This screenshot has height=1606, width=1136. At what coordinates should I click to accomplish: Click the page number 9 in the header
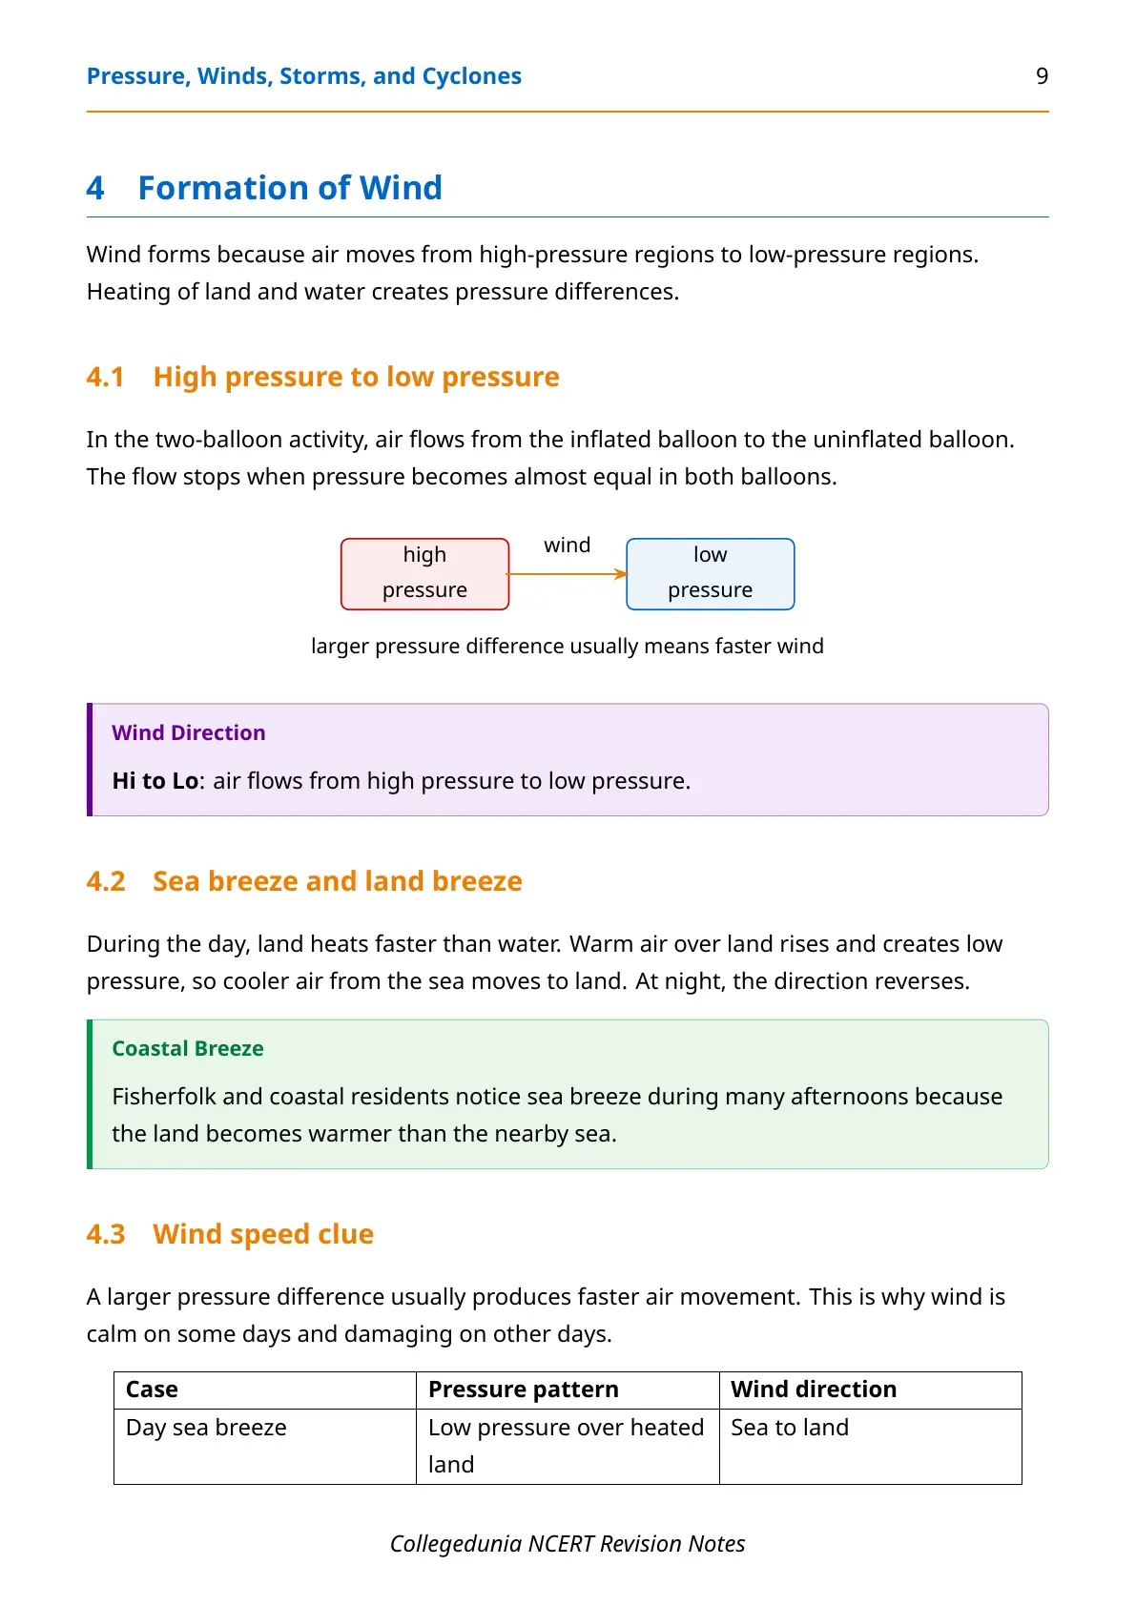tap(1042, 75)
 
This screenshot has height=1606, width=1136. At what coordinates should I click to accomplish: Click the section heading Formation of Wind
tap(290, 188)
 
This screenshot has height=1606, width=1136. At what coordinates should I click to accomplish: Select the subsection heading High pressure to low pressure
tap(356, 377)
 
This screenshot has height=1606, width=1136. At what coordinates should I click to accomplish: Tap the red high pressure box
tap(424, 573)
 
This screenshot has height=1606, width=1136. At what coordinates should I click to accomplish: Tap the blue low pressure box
tap(710, 573)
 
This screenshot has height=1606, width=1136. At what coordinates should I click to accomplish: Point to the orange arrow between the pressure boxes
tap(568, 573)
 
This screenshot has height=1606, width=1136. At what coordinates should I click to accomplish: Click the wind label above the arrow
tap(568, 545)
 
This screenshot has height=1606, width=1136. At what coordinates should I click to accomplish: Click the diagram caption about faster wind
tap(568, 646)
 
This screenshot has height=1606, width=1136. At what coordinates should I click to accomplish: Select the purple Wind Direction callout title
tap(189, 732)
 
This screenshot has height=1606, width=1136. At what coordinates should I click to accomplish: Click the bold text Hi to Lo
tap(155, 781)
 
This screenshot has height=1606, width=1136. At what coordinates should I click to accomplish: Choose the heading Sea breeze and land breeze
tap(337, 881)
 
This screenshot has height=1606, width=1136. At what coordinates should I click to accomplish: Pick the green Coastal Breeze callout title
tap(188, 1048)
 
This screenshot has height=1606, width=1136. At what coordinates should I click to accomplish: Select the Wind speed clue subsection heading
tap(263, 1234)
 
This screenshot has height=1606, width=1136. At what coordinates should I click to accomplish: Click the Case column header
tap(152, 1390)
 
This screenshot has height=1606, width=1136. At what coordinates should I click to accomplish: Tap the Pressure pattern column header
tap(523, 1390)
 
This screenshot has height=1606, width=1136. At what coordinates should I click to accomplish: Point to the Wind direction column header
tap(814, 1390)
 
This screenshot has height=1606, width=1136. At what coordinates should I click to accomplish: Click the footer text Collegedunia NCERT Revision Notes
tap(568, 1544)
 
